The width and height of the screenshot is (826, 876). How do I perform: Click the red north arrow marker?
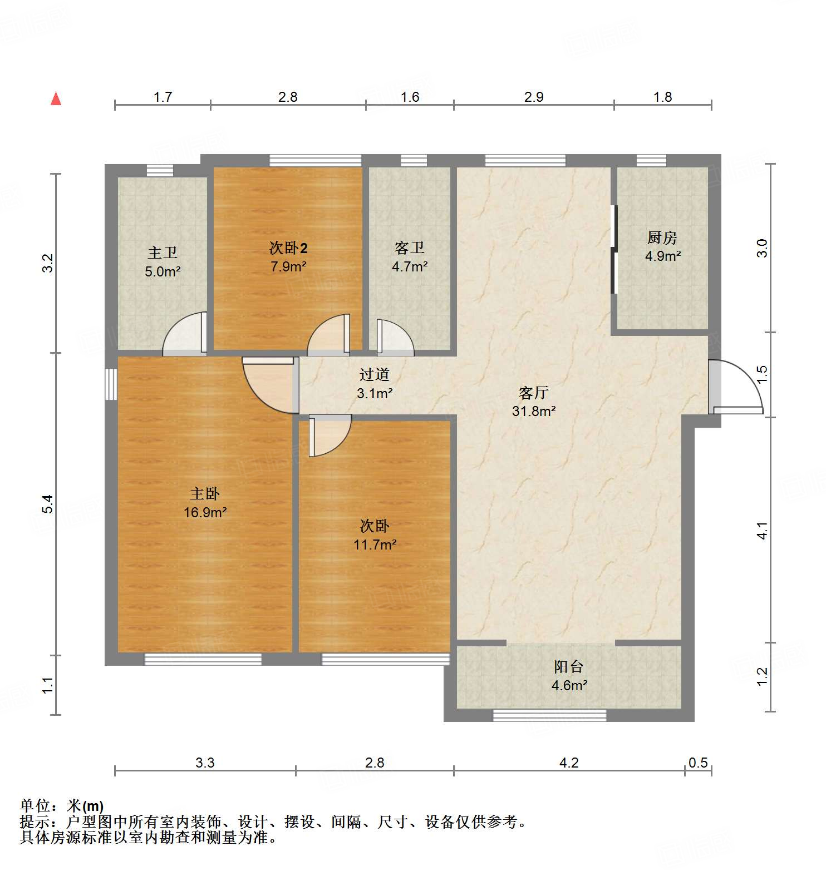(56, 99)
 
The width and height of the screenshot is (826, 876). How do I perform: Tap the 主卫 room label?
(162, 253)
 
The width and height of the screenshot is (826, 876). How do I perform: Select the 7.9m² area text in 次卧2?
(288, 266)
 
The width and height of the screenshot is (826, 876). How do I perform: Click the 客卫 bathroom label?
(409, 248)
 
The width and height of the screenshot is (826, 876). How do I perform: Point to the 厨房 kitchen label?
(662, 237)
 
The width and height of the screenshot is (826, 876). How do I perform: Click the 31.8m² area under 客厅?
(534, 412)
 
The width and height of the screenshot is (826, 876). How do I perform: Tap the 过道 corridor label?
(374, 374)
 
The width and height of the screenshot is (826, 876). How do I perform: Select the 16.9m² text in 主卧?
(205, 512)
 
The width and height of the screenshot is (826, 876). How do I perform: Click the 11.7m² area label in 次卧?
(375, 545)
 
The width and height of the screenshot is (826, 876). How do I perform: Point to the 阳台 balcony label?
(568, 666)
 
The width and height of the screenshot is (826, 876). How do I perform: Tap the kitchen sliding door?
(614, 249)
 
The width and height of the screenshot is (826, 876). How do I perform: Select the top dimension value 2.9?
(533, 97)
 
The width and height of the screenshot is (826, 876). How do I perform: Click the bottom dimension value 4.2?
(568, 763)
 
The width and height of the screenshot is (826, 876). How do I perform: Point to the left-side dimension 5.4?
(48, 503)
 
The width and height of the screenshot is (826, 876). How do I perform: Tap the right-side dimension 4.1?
(762, 531)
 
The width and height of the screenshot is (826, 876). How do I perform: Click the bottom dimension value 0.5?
(697, 763)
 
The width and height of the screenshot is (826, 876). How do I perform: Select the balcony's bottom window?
(549, 715)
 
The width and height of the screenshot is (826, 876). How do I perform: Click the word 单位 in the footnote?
(35, 805)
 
